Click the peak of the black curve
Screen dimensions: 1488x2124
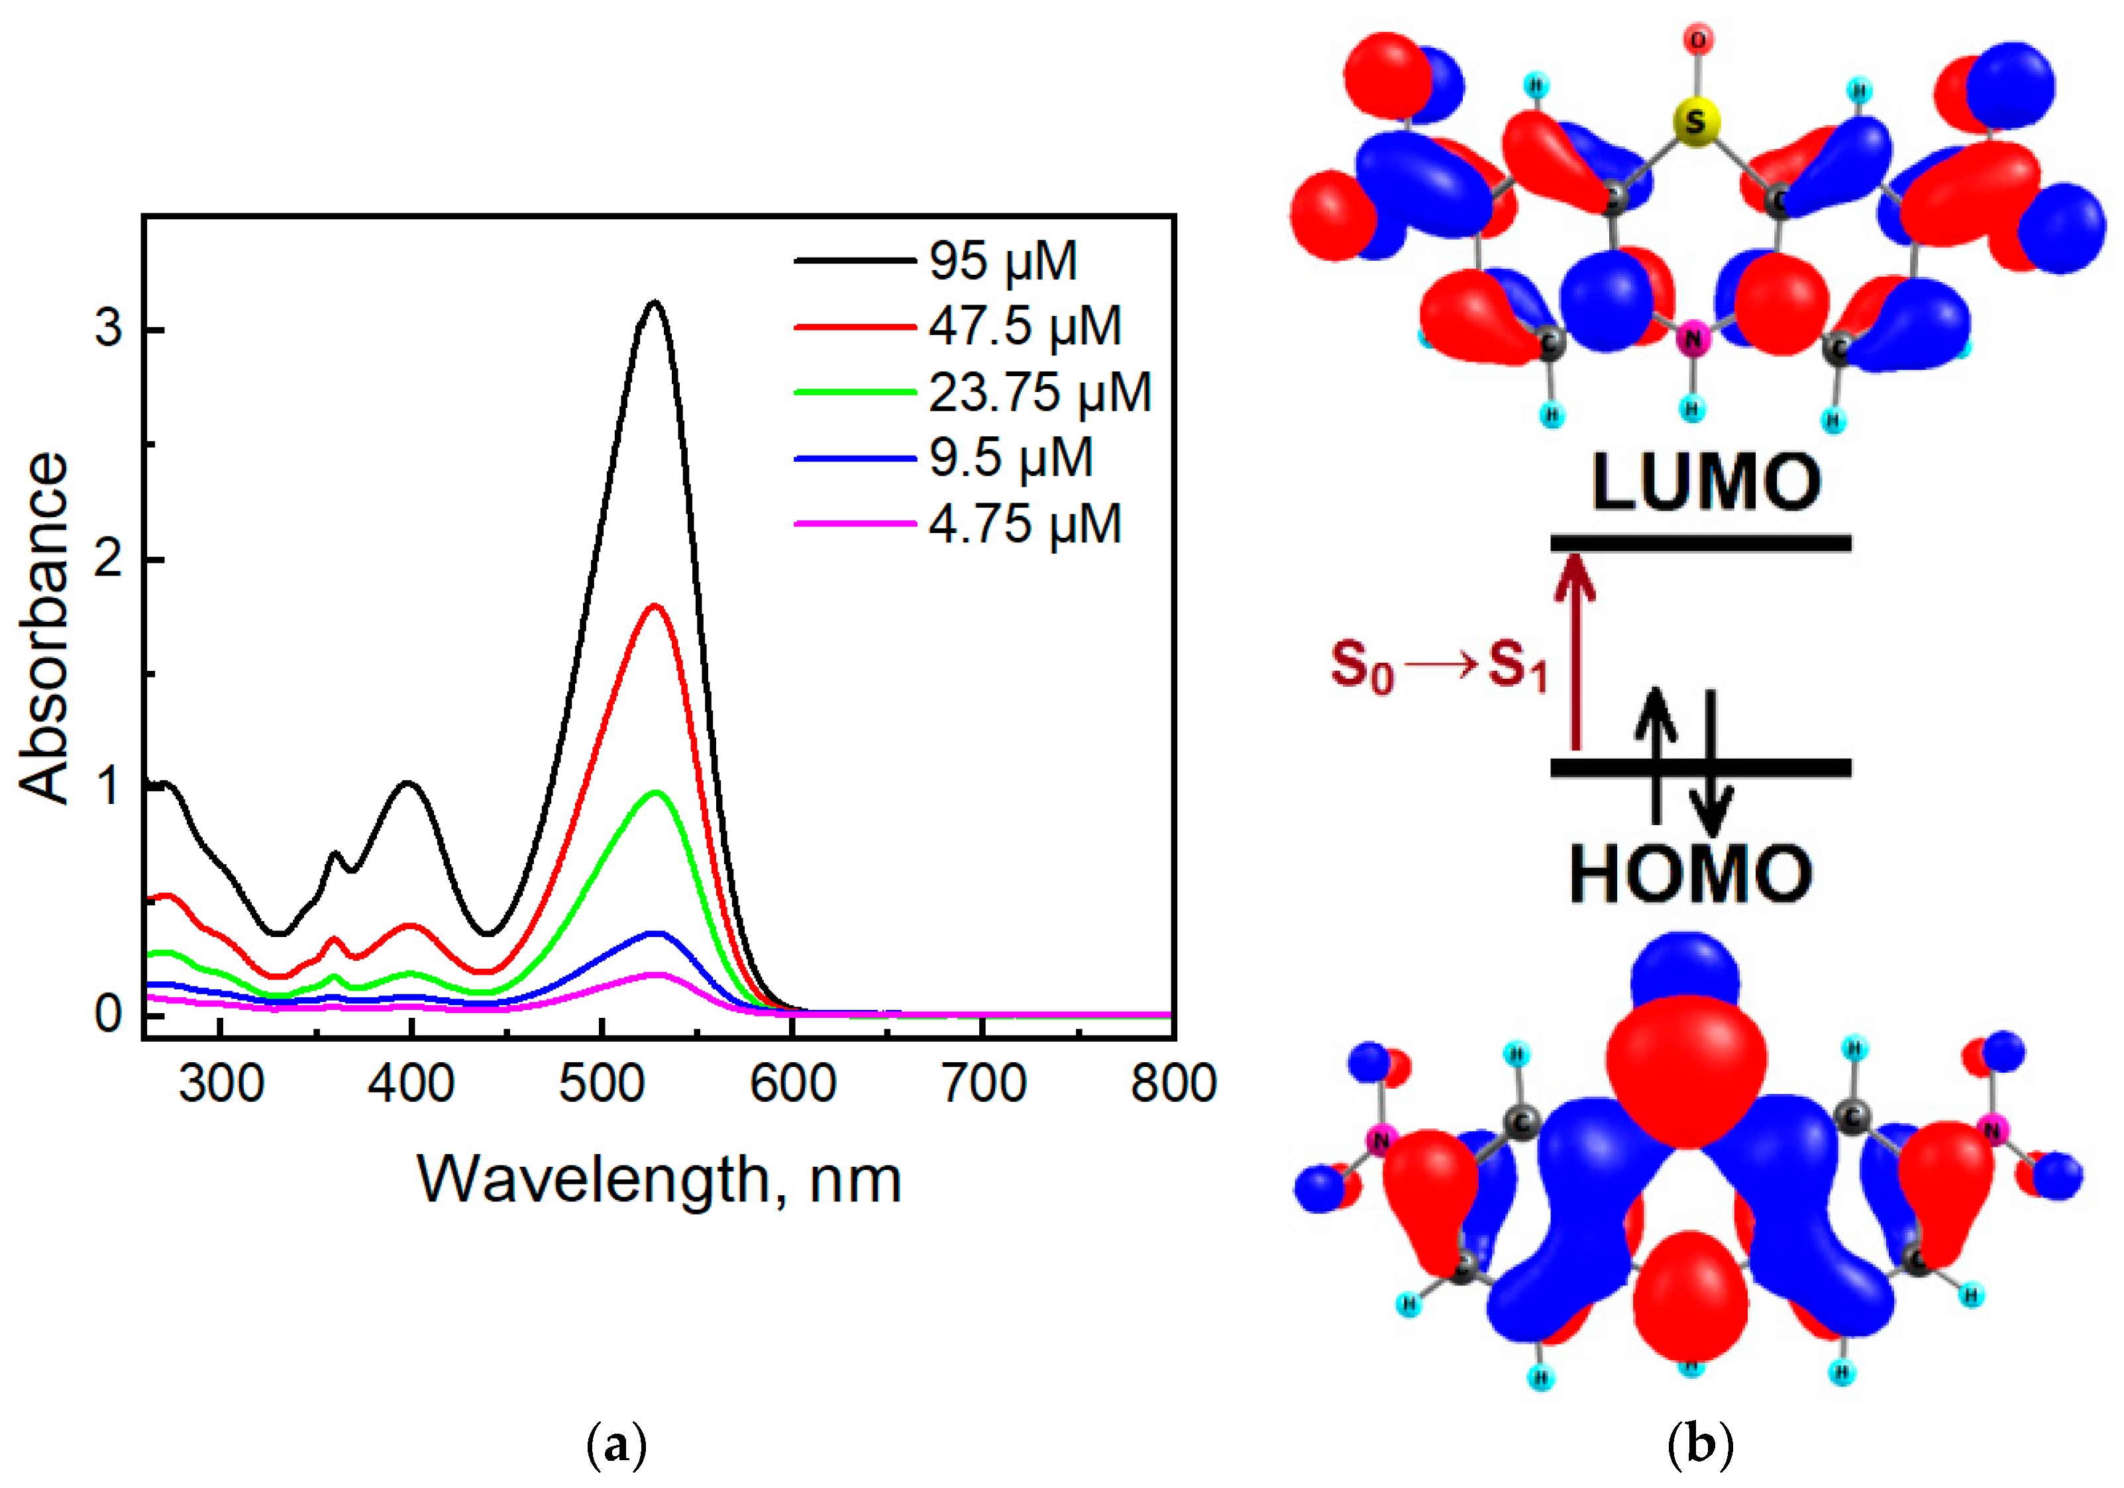pos(655,303)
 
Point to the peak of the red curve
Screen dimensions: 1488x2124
pos(655,606)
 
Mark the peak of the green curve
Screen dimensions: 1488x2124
pos(657,793)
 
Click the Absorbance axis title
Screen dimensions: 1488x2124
pos(44,629)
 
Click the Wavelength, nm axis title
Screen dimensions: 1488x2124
pos(659,1180)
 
